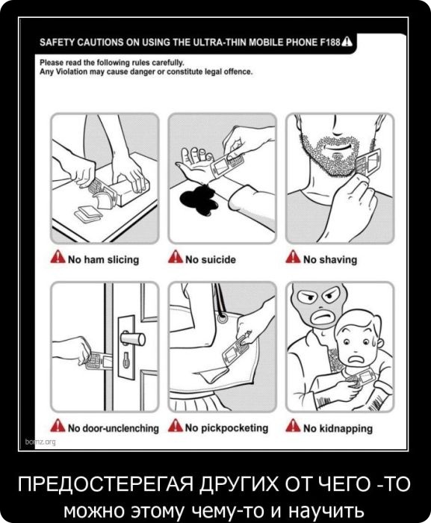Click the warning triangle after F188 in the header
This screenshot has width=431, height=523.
347,41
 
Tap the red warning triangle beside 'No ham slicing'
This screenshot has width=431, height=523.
58,257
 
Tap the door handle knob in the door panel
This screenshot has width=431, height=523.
133,338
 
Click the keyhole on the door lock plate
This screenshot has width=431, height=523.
126,360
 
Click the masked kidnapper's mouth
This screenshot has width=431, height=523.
323,316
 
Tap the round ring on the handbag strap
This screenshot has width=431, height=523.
223,318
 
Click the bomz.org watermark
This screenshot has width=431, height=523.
40,442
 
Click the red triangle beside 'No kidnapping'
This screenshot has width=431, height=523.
293,426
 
